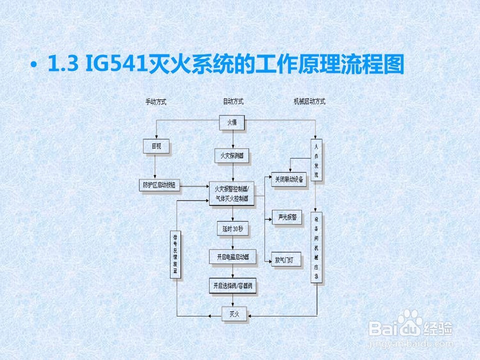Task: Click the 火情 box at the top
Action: (x=233, y=122)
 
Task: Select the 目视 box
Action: (x=156, y=146)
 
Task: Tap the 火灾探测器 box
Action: (x=232, y=156)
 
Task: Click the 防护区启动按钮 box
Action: (x=159, y=185)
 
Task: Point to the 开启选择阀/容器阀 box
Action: (x=232, y=286)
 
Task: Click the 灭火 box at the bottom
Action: (x=234, y=314)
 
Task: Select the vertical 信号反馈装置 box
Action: (x=175, y=254)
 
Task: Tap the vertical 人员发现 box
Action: (x=316, y=160)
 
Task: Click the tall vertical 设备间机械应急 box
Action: (x=316, y=248)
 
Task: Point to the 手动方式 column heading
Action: (x=155, y=101)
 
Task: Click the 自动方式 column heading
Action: (x=233, y=101)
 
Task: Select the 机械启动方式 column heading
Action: (x=309, y=101)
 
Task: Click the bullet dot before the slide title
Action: (x=34, y=65)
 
